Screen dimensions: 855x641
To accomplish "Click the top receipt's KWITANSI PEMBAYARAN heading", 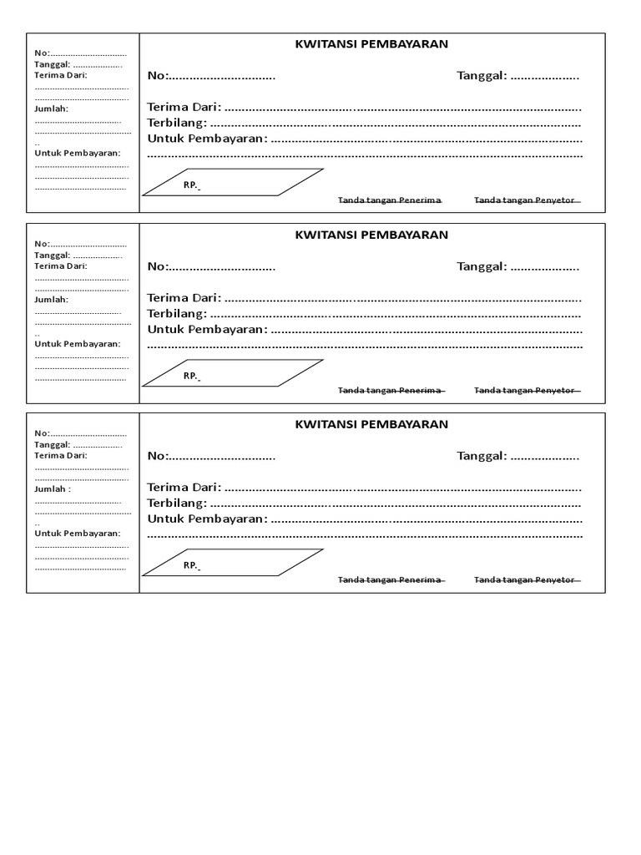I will coord(371,45).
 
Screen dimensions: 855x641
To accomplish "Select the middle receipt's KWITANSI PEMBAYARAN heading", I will coord(371,235).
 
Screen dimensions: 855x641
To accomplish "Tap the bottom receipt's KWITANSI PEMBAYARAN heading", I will coord(371,424).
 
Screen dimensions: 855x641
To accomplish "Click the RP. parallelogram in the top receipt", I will coord(232,183).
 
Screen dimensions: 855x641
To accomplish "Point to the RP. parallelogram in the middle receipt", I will coord(232,373).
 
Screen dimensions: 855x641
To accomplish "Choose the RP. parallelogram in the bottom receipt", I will coord(232,563).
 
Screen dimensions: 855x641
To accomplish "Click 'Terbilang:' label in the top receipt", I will coord(177,123).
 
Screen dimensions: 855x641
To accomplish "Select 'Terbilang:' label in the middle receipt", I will coord(177,313).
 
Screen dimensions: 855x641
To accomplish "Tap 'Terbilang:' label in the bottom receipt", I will coord(177,503).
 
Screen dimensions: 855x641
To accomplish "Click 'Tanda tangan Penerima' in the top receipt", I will coord(390,200).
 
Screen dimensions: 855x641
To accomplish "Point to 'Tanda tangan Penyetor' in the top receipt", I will coord(525,200).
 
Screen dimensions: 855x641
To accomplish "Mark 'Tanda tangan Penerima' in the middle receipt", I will coord(390,391).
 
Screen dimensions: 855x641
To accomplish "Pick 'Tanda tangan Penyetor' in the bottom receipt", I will coord(525,580).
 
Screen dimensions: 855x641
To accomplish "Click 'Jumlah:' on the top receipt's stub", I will coord(51,109).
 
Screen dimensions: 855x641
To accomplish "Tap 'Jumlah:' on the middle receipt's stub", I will coord(51,299).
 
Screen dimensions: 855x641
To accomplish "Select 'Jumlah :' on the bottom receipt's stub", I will coord(52,488).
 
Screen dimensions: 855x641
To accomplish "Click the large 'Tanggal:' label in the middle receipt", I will coord(482,266).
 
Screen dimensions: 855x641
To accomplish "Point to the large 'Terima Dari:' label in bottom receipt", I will coord(184,487).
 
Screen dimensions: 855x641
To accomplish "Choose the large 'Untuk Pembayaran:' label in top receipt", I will coord(208,138).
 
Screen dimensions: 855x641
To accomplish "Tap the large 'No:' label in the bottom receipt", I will coord(158,456).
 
